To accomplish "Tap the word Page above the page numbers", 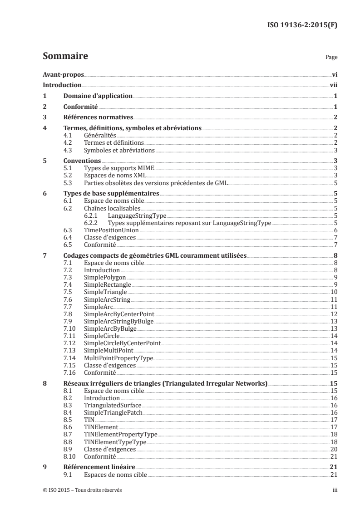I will tap(331, 58).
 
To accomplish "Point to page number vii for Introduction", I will tap(333, 85).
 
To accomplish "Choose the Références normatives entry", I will tap(94, 117).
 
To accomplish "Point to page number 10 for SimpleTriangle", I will tap(333, 292).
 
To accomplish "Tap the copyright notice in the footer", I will tap(82, 490).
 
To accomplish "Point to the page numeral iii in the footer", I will tap(335, 490).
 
